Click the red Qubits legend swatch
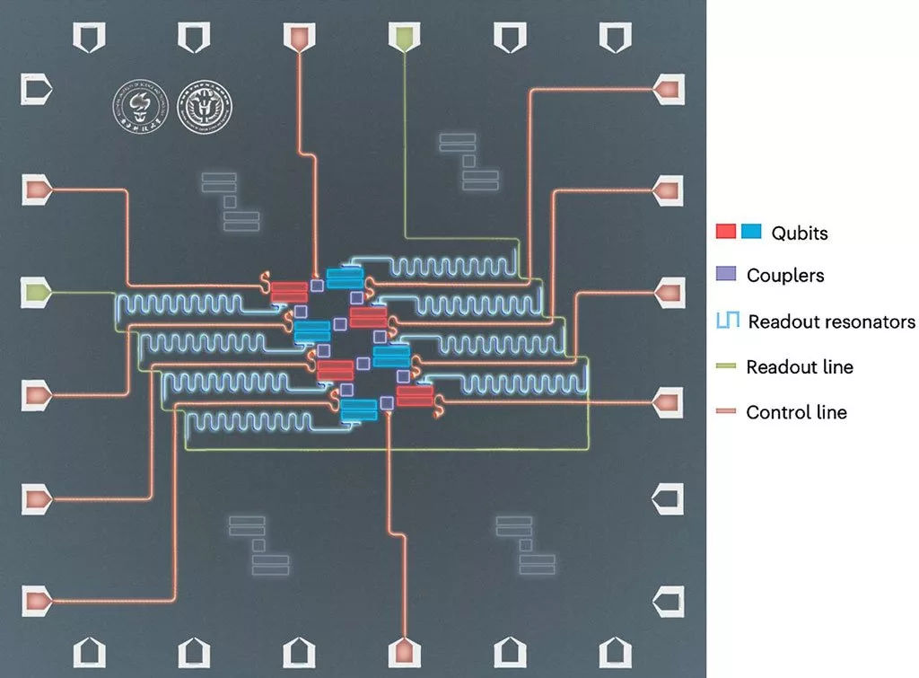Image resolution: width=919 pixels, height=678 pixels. click(726, 232)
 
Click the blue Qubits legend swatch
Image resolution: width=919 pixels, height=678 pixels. click(751, 232)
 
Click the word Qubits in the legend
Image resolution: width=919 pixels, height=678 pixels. click(800, 233)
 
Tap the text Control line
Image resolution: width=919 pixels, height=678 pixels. click(796, 413)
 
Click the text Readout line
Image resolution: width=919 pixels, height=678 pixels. click(800, 366)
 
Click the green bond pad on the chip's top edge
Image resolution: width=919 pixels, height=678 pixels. click(403, 36)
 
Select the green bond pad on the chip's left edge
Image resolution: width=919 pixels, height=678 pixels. click(37, 292)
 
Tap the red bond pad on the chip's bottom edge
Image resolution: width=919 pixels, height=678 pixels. click(403, 651)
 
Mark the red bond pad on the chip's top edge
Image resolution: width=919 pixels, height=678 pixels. click(298, 36)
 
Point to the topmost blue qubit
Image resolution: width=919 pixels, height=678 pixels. click(345, 277)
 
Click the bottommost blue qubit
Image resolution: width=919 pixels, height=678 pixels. click(359, 409)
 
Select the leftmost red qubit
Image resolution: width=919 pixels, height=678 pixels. click(289, 291)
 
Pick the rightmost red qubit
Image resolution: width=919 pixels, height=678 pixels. click(416, 394)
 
